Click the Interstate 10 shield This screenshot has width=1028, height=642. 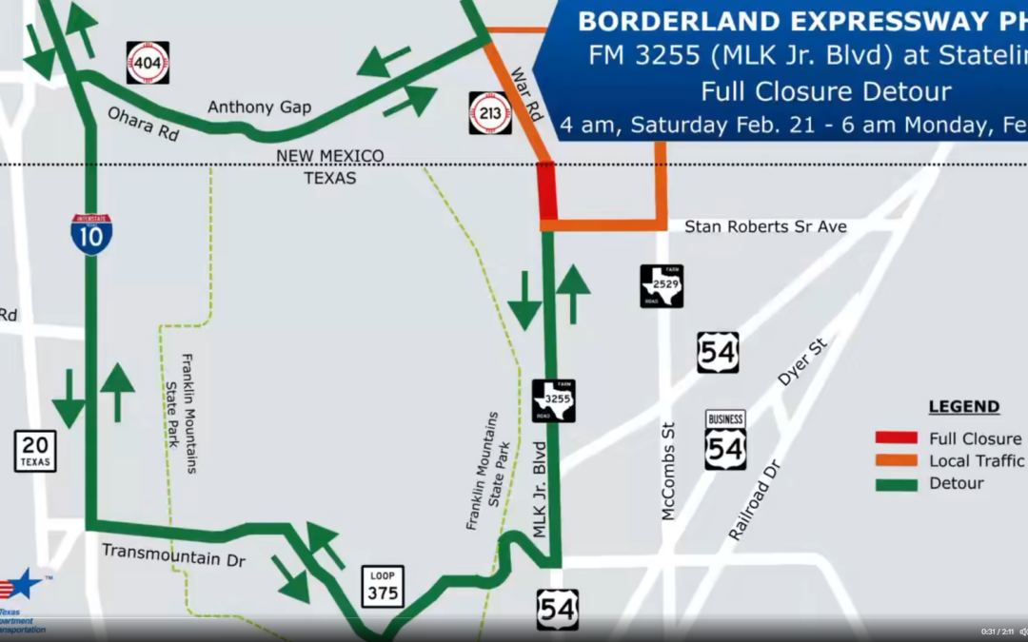coord(91,233)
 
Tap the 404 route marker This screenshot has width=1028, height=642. coord(148,63)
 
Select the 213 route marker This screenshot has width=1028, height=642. coord(490,112)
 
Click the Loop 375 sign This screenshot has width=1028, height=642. coord(383,587)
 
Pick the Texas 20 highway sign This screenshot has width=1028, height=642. coord(35,451)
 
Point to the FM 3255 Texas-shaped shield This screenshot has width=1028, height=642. coord(554,400)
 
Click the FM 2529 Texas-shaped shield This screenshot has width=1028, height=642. coord(662,285)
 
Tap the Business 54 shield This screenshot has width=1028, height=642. coord(725,440)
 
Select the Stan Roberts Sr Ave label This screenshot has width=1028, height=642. coord(765,226)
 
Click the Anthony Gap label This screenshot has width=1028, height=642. coord(259,107)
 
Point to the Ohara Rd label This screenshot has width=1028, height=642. coord(144,125)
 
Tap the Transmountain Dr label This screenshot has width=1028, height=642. coord(173,554)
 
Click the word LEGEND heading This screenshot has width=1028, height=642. coord(963,407)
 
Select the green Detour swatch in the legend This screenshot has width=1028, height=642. coord(896,483)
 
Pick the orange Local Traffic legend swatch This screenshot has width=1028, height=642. coord(896,461)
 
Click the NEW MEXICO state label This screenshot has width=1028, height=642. coord(329,156)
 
